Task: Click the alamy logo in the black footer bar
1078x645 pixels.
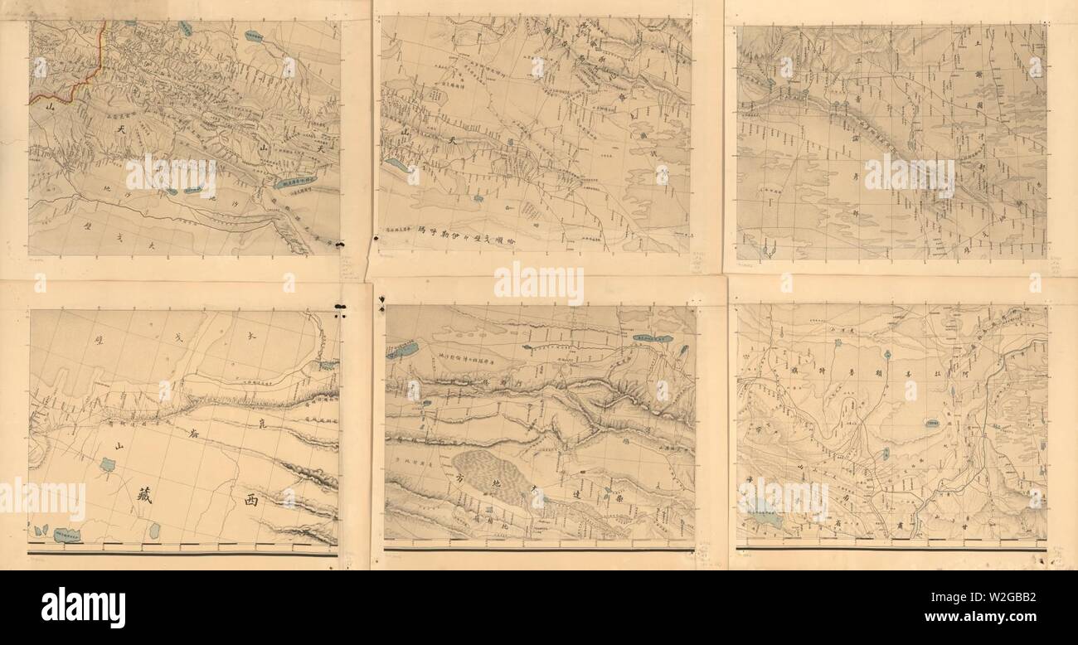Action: pyautogui.click(x=83, y=609)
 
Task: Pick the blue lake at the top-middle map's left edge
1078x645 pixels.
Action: pyautogui.click(x=396, y=165)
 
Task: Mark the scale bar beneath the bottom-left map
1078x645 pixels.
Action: pyautogui.click(x=182, y=549)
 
